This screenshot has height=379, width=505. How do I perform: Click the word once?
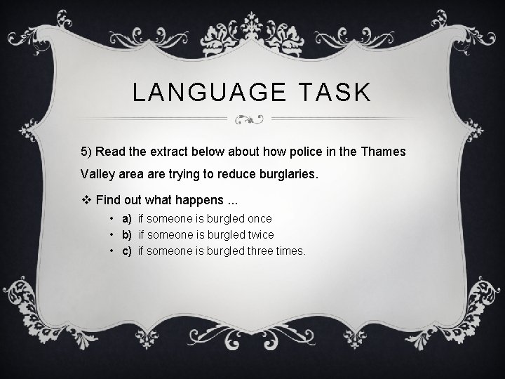point(257,218)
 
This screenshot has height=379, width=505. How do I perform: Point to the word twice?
point(260,234)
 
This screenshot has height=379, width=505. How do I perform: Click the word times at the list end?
point(290,251)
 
